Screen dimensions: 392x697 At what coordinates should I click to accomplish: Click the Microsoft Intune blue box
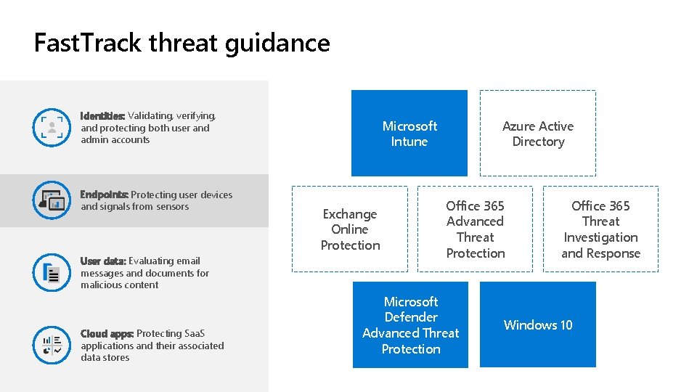[409, 133]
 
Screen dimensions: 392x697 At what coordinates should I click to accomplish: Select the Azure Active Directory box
[537, 133]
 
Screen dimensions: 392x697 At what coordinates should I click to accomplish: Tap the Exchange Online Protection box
[350, 229]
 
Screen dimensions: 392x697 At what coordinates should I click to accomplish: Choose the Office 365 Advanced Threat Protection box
[475, 229]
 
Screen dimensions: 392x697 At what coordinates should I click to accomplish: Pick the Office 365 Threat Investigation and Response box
[600, 229]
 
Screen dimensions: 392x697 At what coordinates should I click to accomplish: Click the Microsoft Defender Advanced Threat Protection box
[410, 324]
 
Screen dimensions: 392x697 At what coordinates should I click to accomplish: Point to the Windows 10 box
[537, 324]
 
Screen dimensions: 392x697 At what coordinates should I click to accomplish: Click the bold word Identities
[102, 116]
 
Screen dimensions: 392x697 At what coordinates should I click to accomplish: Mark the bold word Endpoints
[104, 195]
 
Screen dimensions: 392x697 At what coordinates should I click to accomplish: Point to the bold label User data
[103, 261]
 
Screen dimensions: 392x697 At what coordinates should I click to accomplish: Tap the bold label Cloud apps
[107, 333]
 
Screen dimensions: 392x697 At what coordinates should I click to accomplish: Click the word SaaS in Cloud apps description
[195, 333]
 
